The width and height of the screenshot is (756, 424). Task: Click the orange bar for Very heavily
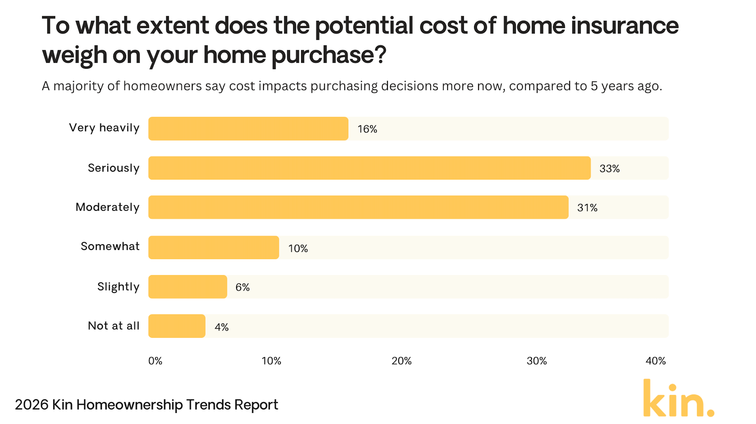[248, 128]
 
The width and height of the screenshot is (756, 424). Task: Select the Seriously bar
[369, 168]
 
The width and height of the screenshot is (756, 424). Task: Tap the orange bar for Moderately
[358, 207]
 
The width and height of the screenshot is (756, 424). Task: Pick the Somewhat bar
[213, 247]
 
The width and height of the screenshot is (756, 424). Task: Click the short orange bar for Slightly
[187, 287]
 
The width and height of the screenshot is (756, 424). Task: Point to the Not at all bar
[177, 326]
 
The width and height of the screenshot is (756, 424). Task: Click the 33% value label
[609, 168]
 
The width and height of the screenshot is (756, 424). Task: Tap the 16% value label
[367, 129]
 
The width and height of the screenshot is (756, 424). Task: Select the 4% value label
[222, 327]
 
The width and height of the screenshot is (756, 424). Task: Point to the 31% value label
[587, 208]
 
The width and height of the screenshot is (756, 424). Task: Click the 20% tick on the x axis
[401, 361]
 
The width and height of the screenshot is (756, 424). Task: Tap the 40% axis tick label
[655, 361]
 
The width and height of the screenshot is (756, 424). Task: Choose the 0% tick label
[155, 361]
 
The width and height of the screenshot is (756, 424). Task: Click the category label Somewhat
[110, 246]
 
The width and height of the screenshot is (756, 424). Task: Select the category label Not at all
[113, 326]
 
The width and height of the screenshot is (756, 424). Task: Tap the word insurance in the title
[624, 26]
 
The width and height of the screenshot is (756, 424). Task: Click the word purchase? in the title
[328, 55]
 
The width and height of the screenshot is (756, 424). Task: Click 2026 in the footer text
[32, 405]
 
